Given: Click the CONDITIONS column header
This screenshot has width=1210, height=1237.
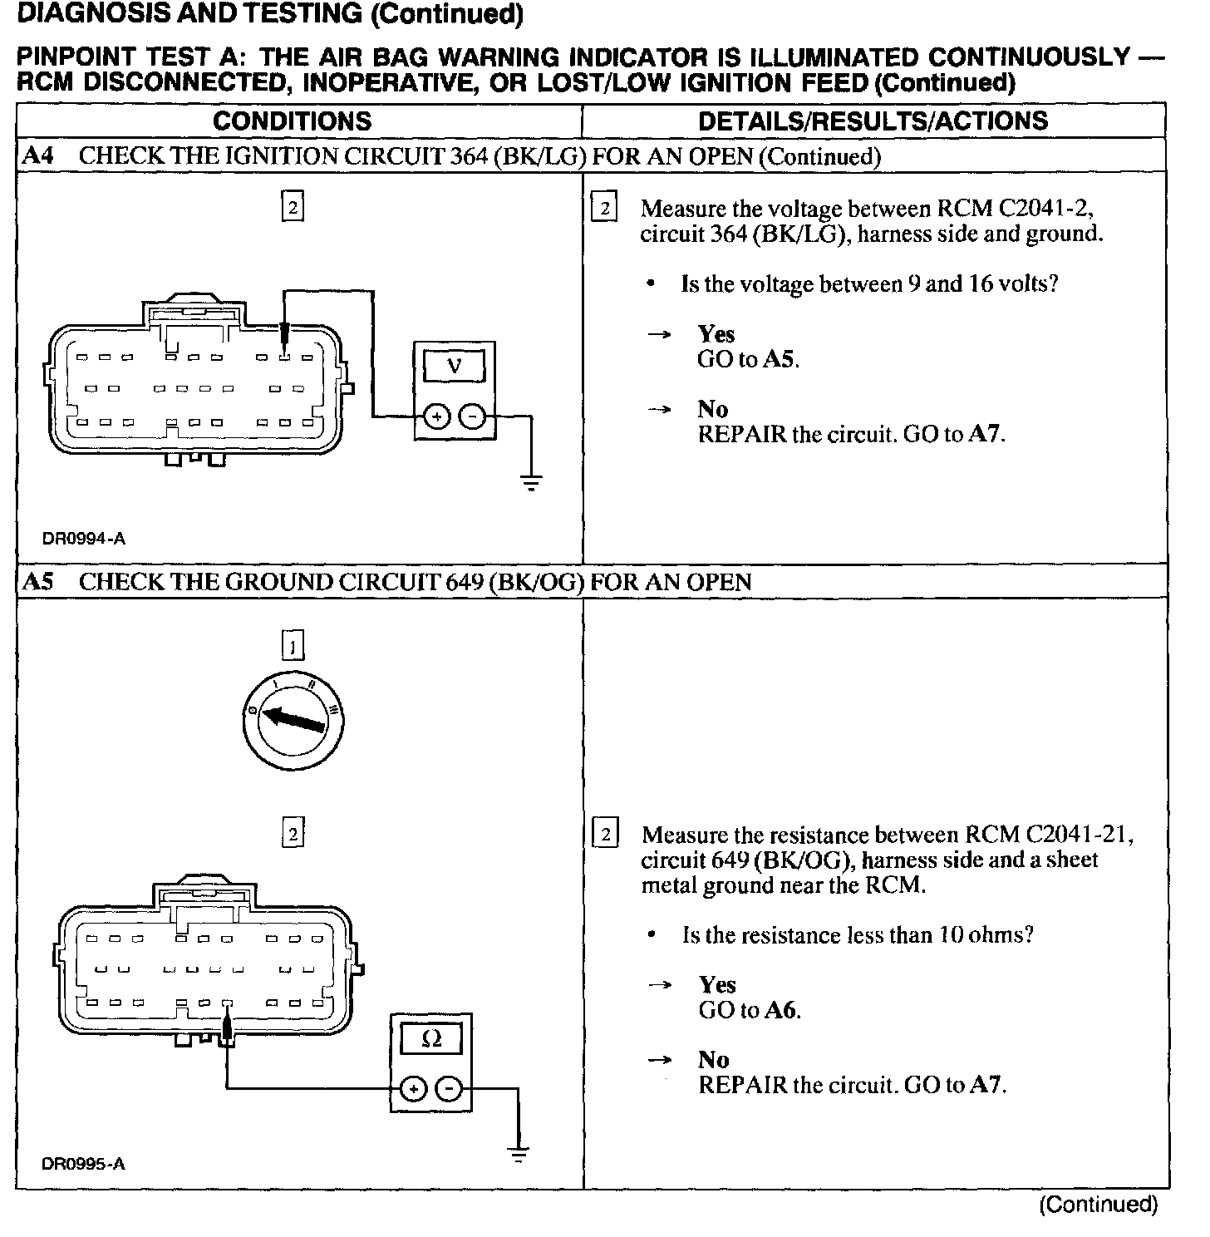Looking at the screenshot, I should (292, 121).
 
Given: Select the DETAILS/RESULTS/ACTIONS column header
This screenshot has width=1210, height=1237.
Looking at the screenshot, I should (873, 121).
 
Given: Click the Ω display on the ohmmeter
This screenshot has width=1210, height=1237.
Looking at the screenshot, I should (431, 1038).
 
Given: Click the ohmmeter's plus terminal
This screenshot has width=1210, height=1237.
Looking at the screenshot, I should (413, 1088).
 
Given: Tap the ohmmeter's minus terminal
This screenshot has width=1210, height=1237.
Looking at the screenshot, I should (449, 1088).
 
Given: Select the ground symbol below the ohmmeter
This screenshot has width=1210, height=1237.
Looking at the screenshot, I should (519, 1154).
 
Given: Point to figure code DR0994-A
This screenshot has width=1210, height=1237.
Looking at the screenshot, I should (83, 539).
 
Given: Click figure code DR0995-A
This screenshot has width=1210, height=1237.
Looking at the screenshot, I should (83, 1164).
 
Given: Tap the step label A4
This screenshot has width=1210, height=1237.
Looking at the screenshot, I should (37, 156).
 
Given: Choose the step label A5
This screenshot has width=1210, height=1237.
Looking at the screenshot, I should (37, 581).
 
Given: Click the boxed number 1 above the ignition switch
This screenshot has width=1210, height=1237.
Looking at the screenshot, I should (293, 645).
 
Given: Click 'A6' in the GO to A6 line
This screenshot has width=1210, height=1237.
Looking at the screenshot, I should (780, 1011).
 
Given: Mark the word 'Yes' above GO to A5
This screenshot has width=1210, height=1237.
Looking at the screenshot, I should (716, 334).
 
